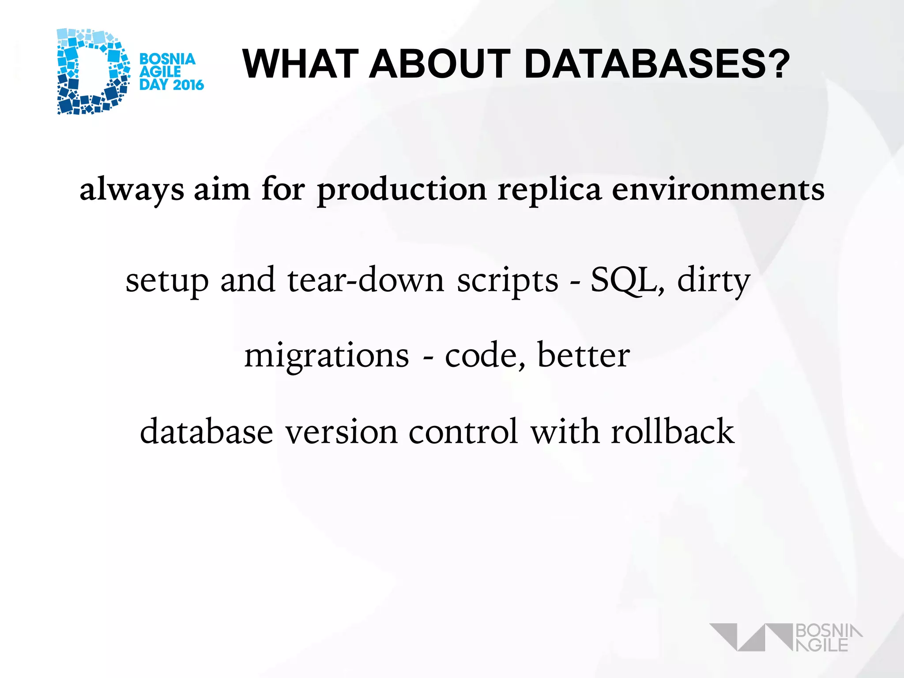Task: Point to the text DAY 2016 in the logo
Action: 171,85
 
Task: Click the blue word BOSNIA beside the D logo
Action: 167,59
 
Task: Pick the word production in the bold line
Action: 402,190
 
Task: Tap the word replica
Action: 550,190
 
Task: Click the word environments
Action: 718,190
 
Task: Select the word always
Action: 132,190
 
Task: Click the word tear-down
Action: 365,280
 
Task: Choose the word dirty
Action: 714,280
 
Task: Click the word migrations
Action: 327,356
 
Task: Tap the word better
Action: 584,356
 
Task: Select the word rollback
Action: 673,432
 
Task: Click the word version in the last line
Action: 341,432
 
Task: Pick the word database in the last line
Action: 207,432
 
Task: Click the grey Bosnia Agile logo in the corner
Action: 786,637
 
